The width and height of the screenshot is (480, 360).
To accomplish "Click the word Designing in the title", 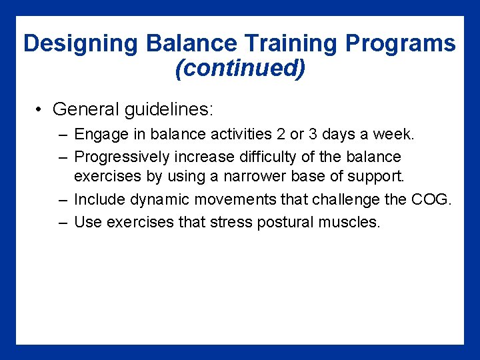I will [81, 44].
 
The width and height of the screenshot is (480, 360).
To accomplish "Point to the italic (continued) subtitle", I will [240, 68].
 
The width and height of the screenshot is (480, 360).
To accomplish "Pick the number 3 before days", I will [316, 135].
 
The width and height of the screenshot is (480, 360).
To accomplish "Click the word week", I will [394, 135].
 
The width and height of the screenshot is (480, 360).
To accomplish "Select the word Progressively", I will [122, 157].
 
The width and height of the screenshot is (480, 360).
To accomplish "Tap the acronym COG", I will [433, 200].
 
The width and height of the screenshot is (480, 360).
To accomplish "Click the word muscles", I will [349, 222].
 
